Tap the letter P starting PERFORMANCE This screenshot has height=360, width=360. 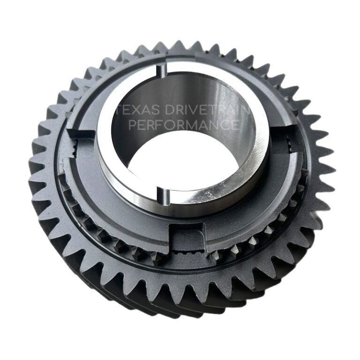133,125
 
